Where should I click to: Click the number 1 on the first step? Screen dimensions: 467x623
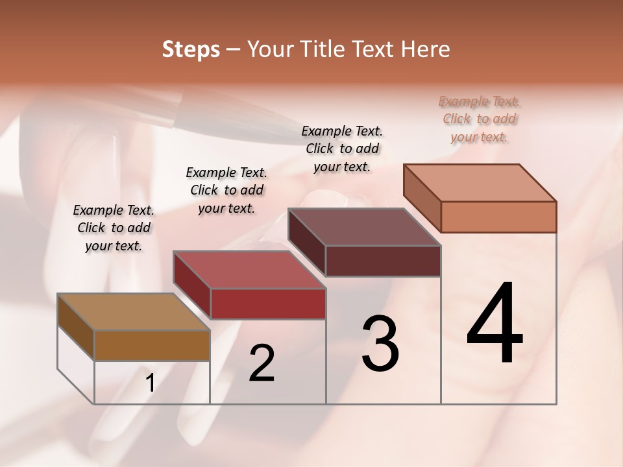(151, 383)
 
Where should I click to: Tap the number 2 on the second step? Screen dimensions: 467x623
(262, 363)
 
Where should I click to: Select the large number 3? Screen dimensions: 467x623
(380, 343)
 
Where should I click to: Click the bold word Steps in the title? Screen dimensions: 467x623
(191, 49)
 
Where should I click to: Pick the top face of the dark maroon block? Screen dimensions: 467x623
(364, 228)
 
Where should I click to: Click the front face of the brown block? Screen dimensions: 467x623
(152, 345)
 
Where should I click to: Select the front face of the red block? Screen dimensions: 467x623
(267, 304)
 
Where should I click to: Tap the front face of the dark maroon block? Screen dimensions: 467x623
(383, 261)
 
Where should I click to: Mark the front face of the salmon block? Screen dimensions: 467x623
(498, 217)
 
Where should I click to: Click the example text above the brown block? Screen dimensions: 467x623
(114, 228)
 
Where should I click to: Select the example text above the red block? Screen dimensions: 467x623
(226, 190)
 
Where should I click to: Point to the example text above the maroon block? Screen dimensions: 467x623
(342, 149)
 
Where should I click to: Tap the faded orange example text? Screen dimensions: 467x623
(480, 119)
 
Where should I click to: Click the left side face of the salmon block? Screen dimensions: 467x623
(422, 198)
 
